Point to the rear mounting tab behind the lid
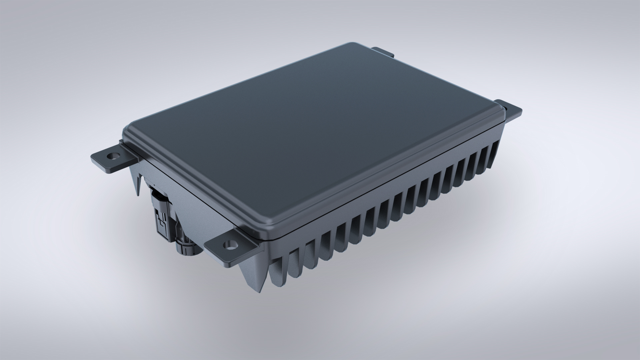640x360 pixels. (383, 52)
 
